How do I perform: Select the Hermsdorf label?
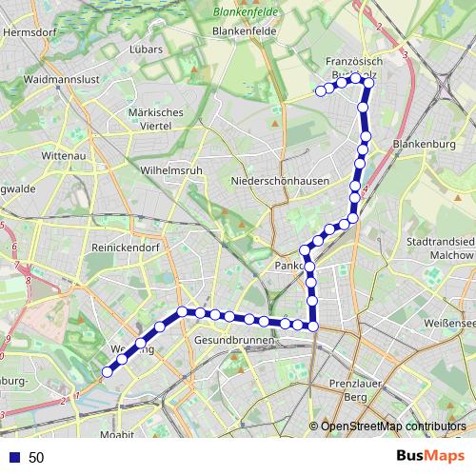[31, 30]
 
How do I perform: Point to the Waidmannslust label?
[60, 79]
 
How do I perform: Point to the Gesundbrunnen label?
[231, 340]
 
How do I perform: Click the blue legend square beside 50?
[12, 458]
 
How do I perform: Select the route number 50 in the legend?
[36, 458]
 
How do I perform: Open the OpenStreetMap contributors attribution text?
[393, 426]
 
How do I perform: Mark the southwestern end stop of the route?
[108, 371]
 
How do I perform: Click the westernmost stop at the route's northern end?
[320, 91]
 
